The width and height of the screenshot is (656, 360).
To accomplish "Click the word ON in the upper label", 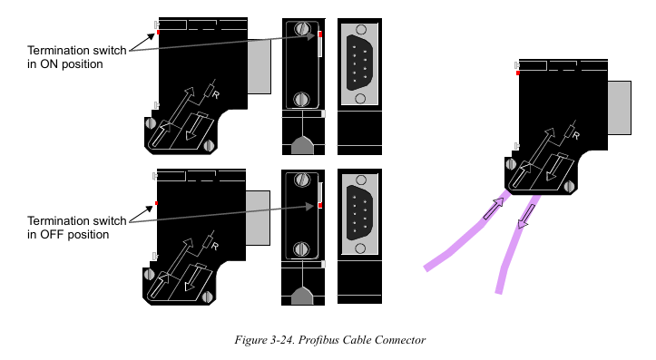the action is click(x=48, y=64).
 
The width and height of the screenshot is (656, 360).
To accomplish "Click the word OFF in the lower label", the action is click(x=52, y=235).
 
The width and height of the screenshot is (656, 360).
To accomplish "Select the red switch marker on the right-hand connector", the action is click(x=518, y=73).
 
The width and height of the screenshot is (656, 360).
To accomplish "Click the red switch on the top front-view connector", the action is click(x=320, y=34).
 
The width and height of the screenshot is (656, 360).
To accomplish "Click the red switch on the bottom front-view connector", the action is click(x=320, y=205).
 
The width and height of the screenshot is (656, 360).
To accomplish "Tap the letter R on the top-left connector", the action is click(x=215, y=95).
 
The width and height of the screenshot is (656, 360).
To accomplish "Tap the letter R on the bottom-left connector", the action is click(x=215, y=247).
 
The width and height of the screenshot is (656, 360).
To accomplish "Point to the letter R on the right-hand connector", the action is click(x=576, y=135).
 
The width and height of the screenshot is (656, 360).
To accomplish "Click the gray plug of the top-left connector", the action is click(x=259, y=66).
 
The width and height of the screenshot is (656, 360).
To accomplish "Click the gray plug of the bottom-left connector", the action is click(x=258, y=218).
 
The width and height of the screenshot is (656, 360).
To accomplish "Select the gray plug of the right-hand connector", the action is click(x=619, y=108).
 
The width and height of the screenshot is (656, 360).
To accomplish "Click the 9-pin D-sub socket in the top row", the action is click(x=359, y=63).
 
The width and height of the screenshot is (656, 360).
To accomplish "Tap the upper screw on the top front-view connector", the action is click(x=301, y=29).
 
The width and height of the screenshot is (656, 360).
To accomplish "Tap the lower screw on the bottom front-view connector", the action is click(x=301, y=249).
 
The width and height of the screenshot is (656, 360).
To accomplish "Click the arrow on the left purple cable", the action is click(x=494, y=209).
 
